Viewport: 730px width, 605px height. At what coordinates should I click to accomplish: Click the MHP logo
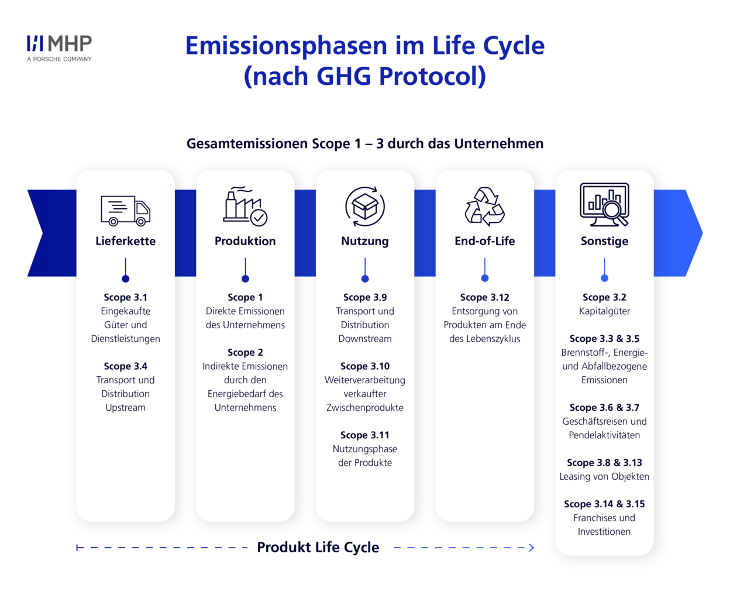(x=60, y=48)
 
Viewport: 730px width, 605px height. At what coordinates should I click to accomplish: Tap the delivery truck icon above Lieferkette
(x=126, y=211)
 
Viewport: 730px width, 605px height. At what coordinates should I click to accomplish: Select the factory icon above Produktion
(x=245, y=207)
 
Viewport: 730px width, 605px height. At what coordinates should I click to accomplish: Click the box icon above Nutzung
(x=365, y=207)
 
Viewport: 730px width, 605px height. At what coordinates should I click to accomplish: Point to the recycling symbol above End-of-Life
(x=484, y=207)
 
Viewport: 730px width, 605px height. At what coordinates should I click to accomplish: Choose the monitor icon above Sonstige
(x=604, y=205)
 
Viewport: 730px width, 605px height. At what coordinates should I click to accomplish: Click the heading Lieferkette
(x=126, y=241)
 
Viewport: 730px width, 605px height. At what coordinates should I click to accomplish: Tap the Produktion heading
(x=245, y=241)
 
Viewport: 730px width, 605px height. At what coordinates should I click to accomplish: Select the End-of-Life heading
(x=484, y=241)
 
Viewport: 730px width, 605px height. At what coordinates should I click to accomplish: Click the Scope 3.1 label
(x=126, y=297)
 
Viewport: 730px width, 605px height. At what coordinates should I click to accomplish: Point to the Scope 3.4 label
(x=126, y=366)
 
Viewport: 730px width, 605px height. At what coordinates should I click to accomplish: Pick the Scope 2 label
(x=245, y=352)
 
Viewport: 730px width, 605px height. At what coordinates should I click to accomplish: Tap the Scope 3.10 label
(x=365, y=366)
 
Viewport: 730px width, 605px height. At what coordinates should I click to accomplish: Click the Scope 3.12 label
(x=484, y=297)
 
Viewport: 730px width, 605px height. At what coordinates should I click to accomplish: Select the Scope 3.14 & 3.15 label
(x=604, y=504)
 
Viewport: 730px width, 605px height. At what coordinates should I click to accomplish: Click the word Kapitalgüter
(x=604, y=311)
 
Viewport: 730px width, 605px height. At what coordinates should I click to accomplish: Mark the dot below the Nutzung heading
(x=365, y=279)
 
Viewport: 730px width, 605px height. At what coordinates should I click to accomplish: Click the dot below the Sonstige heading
(x=604, y=279)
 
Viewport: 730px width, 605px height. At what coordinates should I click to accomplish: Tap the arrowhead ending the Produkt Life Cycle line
(x=532, y=548)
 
